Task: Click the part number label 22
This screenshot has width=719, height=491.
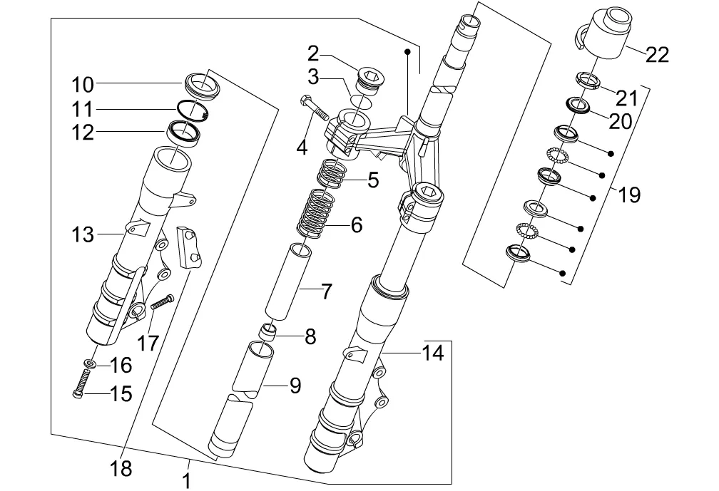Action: (657, 54)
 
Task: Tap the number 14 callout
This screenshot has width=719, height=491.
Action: (432, 352)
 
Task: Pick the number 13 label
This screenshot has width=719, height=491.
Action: (83, 234)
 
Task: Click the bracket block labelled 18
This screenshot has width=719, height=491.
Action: (188, 247)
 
